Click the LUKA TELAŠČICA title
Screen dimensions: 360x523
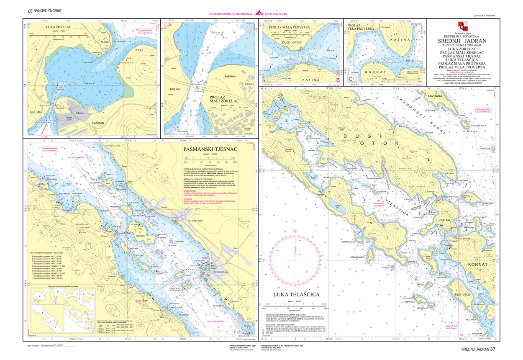pos(296,295)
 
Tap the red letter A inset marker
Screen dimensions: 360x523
pos(170,25)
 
